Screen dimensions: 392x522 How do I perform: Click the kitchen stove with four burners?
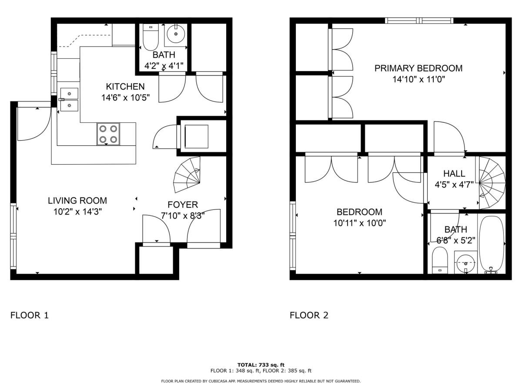point(108,134)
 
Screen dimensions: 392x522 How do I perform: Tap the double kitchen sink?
point(69,99)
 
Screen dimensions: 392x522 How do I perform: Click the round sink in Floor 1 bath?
point(176,34)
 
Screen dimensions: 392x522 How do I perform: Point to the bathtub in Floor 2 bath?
point(492,244)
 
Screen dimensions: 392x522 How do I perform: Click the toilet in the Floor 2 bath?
point(440,260)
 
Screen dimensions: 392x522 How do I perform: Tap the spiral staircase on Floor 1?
point(188,177)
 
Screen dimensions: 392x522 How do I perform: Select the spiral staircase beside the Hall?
point(492,182)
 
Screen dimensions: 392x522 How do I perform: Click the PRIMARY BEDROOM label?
point(418,68)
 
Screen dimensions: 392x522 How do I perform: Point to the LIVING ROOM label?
point(77,201)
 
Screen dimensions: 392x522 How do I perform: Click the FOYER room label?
point(183,204)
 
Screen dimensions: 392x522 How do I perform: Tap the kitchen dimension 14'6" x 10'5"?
point(125,98)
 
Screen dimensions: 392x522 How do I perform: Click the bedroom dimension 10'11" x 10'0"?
point(359,223)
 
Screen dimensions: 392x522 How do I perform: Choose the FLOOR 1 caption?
point(29,315)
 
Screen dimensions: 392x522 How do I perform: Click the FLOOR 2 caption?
point(309,315)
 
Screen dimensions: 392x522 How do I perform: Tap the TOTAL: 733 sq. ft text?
point(261,365)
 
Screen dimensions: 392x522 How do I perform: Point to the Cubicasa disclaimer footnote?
point(261,381)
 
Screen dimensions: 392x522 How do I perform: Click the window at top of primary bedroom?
point(419,20)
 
